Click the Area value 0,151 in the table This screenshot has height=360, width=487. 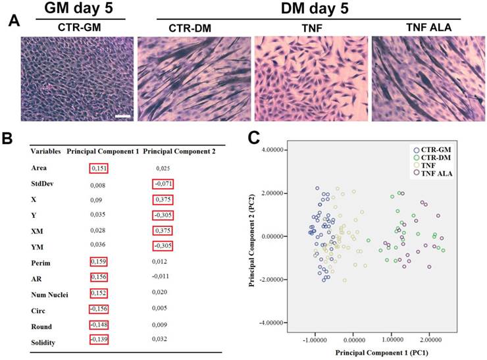(x=98, y=168)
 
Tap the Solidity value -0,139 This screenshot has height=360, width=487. (x=97, y=340)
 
